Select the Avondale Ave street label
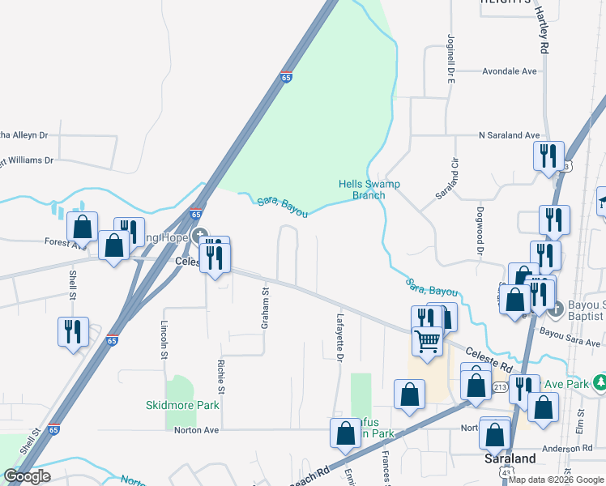[510, 71]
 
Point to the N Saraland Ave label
[509, 135]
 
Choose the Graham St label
[265, 307]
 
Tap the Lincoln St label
[164, 339]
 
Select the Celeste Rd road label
[489, 360]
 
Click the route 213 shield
[500, 387]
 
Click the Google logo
[28, 476]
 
